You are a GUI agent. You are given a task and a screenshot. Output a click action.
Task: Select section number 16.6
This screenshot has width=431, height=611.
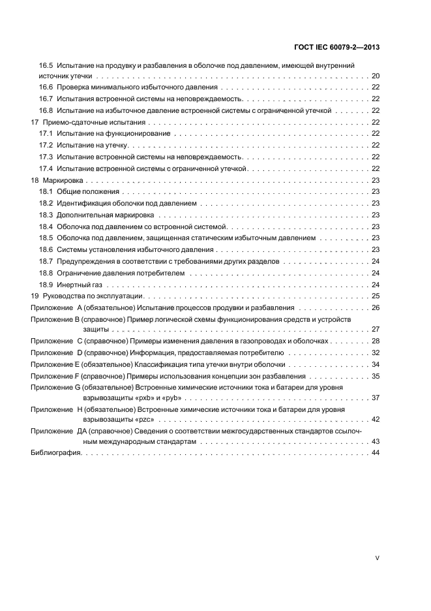45,87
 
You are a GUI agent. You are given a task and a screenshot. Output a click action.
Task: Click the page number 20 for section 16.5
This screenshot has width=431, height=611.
376,76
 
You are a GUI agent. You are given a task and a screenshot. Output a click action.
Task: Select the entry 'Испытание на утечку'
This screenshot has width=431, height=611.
91,145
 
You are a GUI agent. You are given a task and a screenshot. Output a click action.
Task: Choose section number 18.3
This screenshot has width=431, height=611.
45,215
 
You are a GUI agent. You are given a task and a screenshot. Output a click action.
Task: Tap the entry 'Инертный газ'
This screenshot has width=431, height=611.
78,285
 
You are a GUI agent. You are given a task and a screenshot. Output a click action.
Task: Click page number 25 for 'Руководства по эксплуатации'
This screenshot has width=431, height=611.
376,296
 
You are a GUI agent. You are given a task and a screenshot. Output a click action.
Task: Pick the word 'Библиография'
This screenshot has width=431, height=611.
55,471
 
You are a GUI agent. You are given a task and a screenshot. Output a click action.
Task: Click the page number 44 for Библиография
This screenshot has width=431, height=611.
376,471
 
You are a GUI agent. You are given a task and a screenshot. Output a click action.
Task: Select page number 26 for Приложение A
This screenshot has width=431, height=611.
376,307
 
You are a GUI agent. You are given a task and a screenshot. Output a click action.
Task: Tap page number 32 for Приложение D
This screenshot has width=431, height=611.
376,352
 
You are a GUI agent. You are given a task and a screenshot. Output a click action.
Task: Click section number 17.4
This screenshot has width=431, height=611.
45,168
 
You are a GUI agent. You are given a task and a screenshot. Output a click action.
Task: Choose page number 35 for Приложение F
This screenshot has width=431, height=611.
376,376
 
